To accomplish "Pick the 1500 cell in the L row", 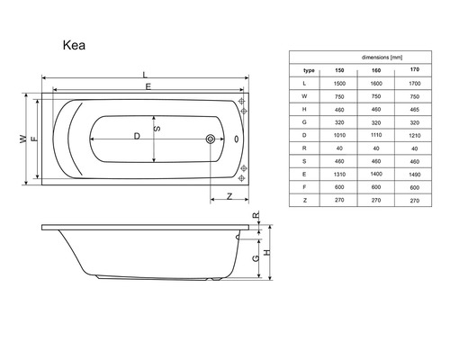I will point(340,83).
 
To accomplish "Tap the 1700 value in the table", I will point(413,83).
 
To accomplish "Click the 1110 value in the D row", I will point(377,136).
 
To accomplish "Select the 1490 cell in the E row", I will point(413,175).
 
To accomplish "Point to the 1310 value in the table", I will point(340,175).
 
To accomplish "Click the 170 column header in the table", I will point(413,69).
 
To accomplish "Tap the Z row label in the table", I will point(307,202).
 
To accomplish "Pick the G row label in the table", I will point(307,122).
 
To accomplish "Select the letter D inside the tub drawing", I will point(136,136).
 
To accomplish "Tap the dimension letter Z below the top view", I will point(229,194).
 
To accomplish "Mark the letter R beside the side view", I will point(255,216).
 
